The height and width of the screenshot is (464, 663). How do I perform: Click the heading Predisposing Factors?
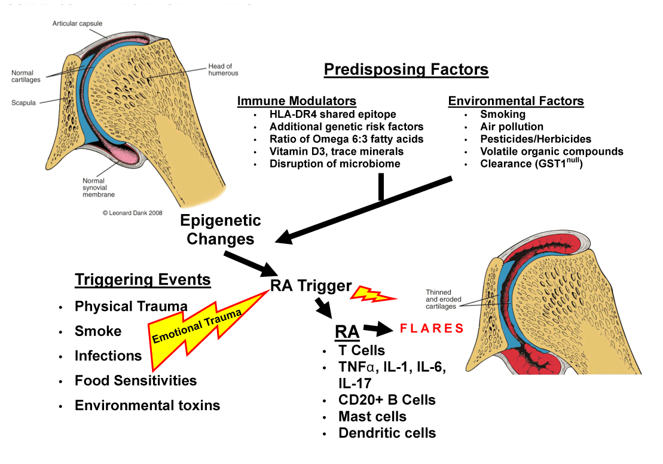[x=406, y=69]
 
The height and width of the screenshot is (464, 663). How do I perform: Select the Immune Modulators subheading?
[x=297, y=100]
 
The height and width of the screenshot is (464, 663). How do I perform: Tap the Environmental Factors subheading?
[x=516, y=100]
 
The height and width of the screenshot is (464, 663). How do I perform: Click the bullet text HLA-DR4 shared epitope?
[x=332, y=114]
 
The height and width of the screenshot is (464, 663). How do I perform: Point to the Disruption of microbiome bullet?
[x=335, y=163]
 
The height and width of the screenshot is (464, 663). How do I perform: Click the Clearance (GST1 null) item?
[x=531, y=163]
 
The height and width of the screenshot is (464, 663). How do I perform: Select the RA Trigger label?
[x=311, y=286]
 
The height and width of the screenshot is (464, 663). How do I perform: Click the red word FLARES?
[x=432, y=328]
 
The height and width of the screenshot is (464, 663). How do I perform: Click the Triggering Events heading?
[x=143, y=279]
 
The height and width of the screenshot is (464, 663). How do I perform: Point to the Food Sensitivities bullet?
[x=136, y=380]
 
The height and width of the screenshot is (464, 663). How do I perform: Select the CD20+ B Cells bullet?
[x=387, y=400]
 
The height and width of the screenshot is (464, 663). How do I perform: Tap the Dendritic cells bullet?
[x=387, y=433]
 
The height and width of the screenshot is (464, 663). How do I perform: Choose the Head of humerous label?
[x=223, y=69]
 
